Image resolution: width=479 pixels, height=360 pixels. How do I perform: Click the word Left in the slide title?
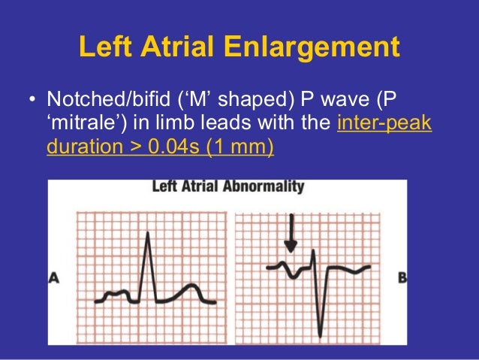(103, 49)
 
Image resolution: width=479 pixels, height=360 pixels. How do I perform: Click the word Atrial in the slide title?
(176, 49)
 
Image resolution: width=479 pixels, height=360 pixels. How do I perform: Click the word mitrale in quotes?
(81, 123)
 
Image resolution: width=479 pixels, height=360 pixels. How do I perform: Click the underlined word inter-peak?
(384, 123)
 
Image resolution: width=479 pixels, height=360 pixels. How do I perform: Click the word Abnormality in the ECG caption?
(257, 186)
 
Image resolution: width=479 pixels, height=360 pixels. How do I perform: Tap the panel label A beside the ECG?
(54, 278)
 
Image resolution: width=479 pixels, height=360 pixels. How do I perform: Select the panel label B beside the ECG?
(402, 277)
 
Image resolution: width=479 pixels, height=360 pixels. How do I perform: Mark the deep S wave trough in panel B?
(320, 334)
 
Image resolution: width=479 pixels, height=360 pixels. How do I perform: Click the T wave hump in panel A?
(191, 287)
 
